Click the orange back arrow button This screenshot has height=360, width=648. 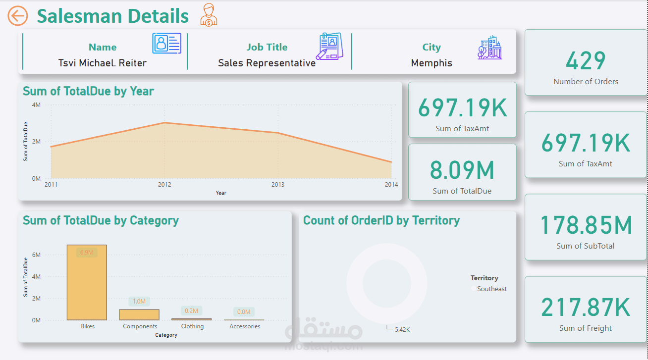tap(17, 16)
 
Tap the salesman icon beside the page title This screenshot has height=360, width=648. tap(209, 15)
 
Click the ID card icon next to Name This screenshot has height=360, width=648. tap(166, 44)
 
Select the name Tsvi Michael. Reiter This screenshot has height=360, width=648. tap(103, 63)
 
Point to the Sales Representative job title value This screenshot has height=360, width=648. tap(267, 63)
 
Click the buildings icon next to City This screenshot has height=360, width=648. tap(489, 48)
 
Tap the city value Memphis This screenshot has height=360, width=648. tap(432, 63)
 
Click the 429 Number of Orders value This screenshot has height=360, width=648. tap(586, 61)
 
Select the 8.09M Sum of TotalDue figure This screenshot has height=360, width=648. tap(462, 170)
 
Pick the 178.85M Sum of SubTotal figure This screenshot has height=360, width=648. tap(586, 225)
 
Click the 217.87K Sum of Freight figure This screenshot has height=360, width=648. tap(586, 308)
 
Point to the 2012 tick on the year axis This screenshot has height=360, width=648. tap(164, 185)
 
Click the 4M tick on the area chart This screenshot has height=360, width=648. tap(36, 105)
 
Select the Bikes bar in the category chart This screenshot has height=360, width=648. tap(87, 282)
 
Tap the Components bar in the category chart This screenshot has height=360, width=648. tap(139, 314)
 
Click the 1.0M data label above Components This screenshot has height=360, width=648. tap(139, 301)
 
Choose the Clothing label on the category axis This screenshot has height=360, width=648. tap(192, 326)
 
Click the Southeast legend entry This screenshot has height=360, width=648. tap(491, 289)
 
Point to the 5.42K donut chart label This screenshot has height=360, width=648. tap(402, 329)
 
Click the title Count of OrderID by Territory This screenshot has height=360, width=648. tap(381, 220)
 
